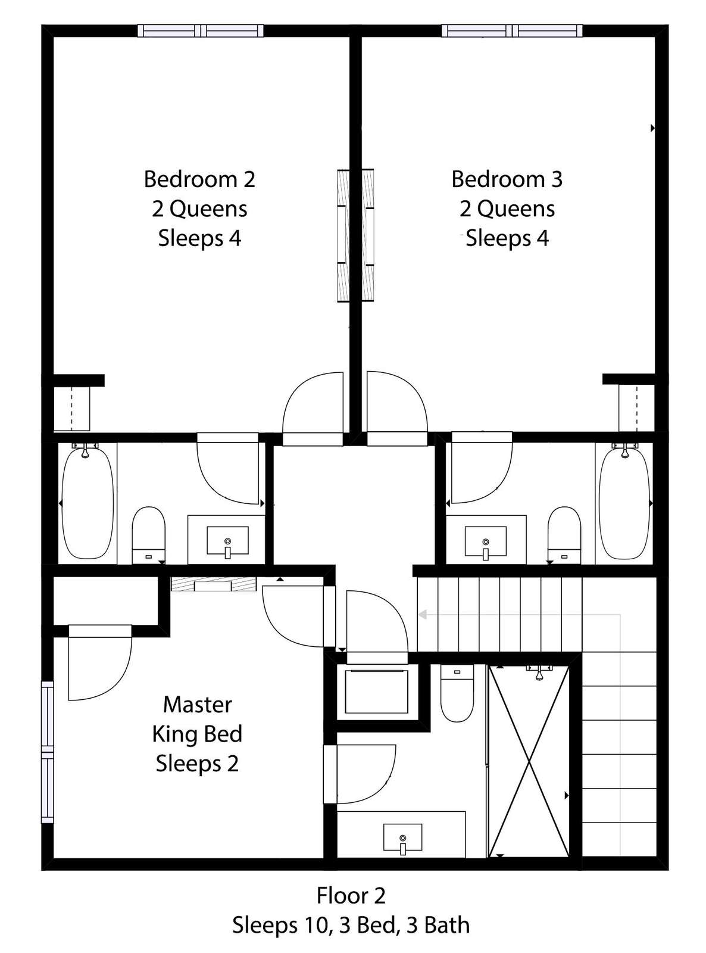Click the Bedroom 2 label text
199,179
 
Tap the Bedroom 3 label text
507,179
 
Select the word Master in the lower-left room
198,705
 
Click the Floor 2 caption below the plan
351,896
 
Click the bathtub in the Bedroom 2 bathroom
88,502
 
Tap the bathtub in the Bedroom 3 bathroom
625,502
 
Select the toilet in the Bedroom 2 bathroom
149,535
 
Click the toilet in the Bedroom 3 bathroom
564,535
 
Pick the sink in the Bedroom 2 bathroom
227,541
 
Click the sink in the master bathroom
402,837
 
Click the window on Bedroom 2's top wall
201,31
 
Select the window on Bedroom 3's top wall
513,31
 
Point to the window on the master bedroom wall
48,752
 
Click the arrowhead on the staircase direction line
423,615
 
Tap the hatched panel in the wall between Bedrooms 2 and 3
355,235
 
